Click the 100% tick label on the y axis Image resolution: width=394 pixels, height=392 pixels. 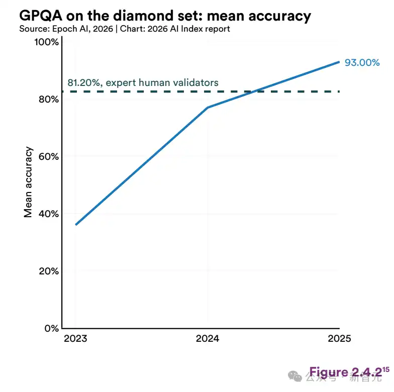46,42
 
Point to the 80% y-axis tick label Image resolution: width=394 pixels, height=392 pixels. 47,99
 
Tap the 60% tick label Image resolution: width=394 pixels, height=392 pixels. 47,156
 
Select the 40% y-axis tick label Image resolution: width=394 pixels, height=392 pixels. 47,214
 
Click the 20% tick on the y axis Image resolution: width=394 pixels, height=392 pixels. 47,271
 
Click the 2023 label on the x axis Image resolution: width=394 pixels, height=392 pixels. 75,338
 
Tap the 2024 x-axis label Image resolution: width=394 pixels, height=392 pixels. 207,338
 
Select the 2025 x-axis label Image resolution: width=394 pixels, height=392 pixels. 339,338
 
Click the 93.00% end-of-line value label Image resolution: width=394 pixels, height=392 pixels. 362,63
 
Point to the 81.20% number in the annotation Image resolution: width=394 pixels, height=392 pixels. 83,82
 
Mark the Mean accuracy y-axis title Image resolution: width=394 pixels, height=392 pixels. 29,182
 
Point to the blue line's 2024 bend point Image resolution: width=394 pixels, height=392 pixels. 208,108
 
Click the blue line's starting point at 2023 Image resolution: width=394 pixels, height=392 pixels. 76,224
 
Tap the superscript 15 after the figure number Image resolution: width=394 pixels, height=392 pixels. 386,369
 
